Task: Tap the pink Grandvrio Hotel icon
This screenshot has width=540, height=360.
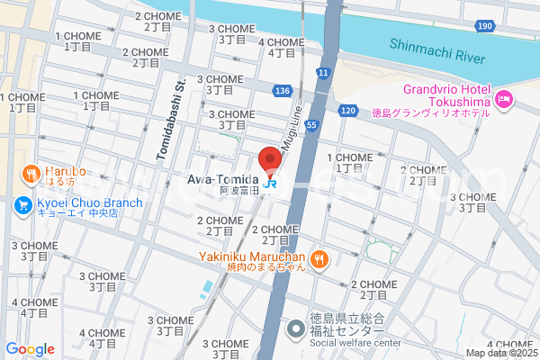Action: point(504,97)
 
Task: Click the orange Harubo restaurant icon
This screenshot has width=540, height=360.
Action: point(31,172)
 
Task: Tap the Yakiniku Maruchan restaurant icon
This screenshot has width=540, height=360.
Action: point(320,259)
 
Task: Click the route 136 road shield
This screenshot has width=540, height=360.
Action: point(283,91)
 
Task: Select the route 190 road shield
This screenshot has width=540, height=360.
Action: point(485,26)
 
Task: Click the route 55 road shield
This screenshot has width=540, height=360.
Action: point(310,126)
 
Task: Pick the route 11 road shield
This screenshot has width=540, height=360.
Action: point(323,72)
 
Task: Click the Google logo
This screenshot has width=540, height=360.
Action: point(30,349)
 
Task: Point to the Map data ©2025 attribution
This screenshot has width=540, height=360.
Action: point(502,353)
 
